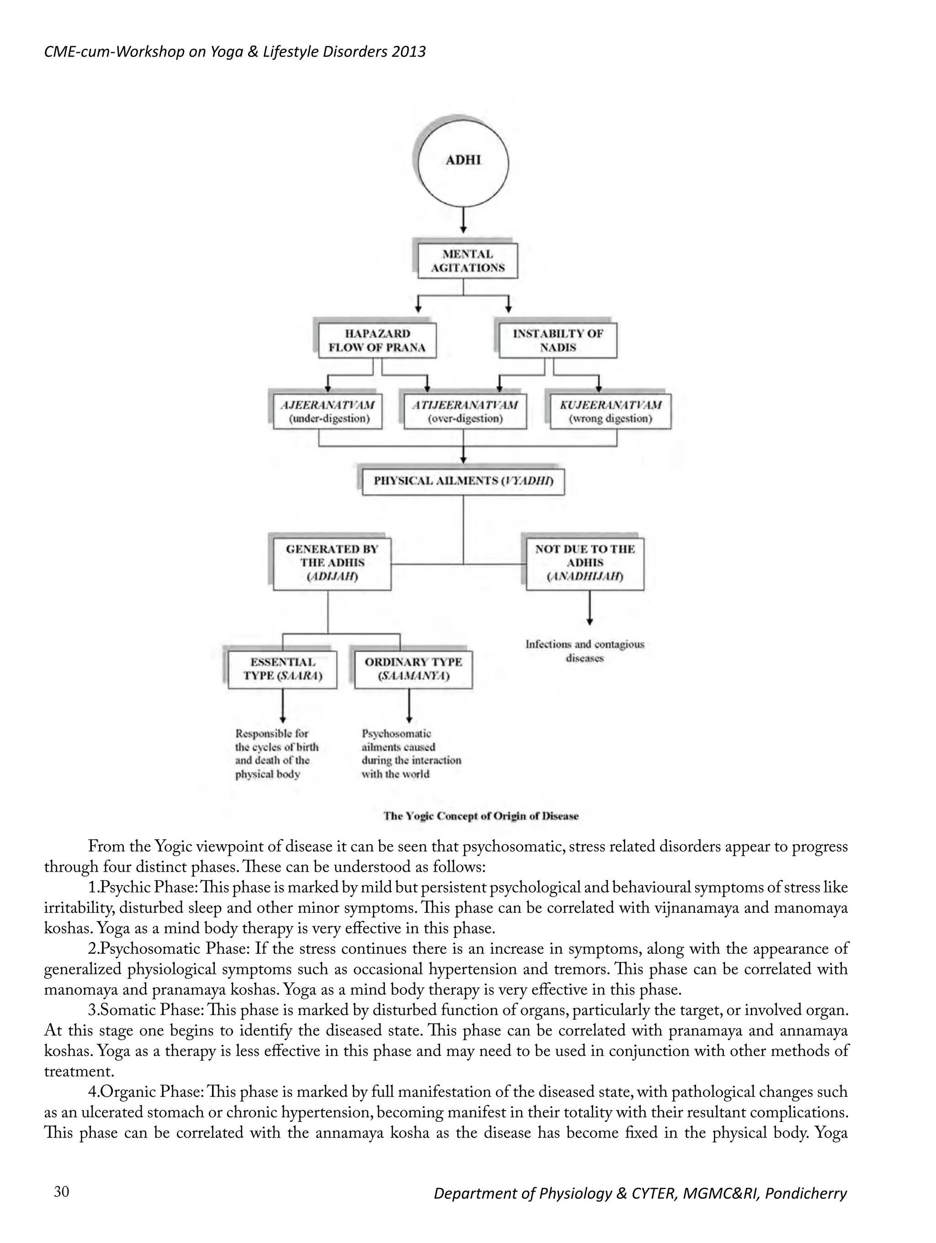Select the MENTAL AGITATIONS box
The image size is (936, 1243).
coord(467,261)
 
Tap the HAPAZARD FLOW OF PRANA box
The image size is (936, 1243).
coord(377,340)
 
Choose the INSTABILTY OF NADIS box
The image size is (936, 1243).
coord(557,340)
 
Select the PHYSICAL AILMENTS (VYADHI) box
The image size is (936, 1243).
coord(463,481)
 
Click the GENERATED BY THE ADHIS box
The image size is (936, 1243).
coord(332,564)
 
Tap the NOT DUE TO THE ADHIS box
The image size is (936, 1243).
coord(585,564)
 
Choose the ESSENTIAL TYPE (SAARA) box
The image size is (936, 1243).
coord(282,669)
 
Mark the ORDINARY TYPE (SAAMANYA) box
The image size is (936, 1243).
coord(413,669)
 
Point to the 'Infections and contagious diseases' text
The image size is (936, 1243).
coord(585,651)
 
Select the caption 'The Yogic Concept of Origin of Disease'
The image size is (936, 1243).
coord(481,816)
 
